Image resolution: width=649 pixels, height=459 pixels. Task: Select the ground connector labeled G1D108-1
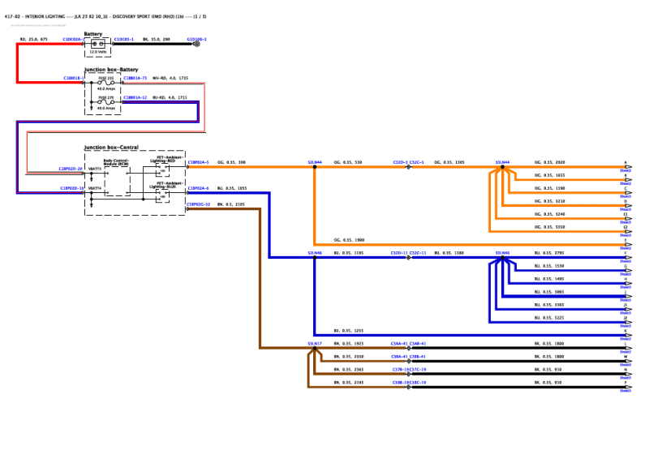tap(197, 39)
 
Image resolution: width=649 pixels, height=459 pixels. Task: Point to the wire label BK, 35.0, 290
tap(157, 39)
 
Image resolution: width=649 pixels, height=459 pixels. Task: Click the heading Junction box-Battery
tap(111, 70)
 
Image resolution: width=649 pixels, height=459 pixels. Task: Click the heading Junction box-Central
tap(111, 148)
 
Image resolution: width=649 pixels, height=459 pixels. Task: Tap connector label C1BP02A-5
tap(198, 162)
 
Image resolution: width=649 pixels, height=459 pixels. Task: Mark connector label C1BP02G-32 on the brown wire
tap(198, 204)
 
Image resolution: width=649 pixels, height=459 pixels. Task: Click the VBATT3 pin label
tap(95, 168)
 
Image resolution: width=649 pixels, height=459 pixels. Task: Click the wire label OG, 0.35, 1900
tap(349, 240)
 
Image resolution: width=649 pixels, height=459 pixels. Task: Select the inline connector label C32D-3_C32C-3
tap(408, 162)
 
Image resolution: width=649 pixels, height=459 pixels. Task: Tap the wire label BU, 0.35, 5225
tap(548, 318)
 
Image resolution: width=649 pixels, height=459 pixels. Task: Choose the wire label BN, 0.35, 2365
tap(349, 369)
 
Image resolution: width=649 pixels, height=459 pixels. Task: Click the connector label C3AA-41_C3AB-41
tap(408, 344)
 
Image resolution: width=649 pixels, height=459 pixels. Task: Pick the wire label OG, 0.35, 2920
tap(548, 162)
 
